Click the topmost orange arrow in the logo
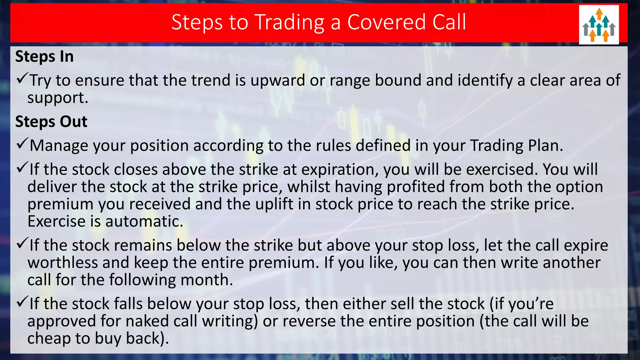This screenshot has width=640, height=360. [599, 13]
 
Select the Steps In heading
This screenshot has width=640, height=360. [44, 57]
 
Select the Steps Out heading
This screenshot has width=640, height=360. [51, 122]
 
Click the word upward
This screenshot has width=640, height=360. [277, 80]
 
